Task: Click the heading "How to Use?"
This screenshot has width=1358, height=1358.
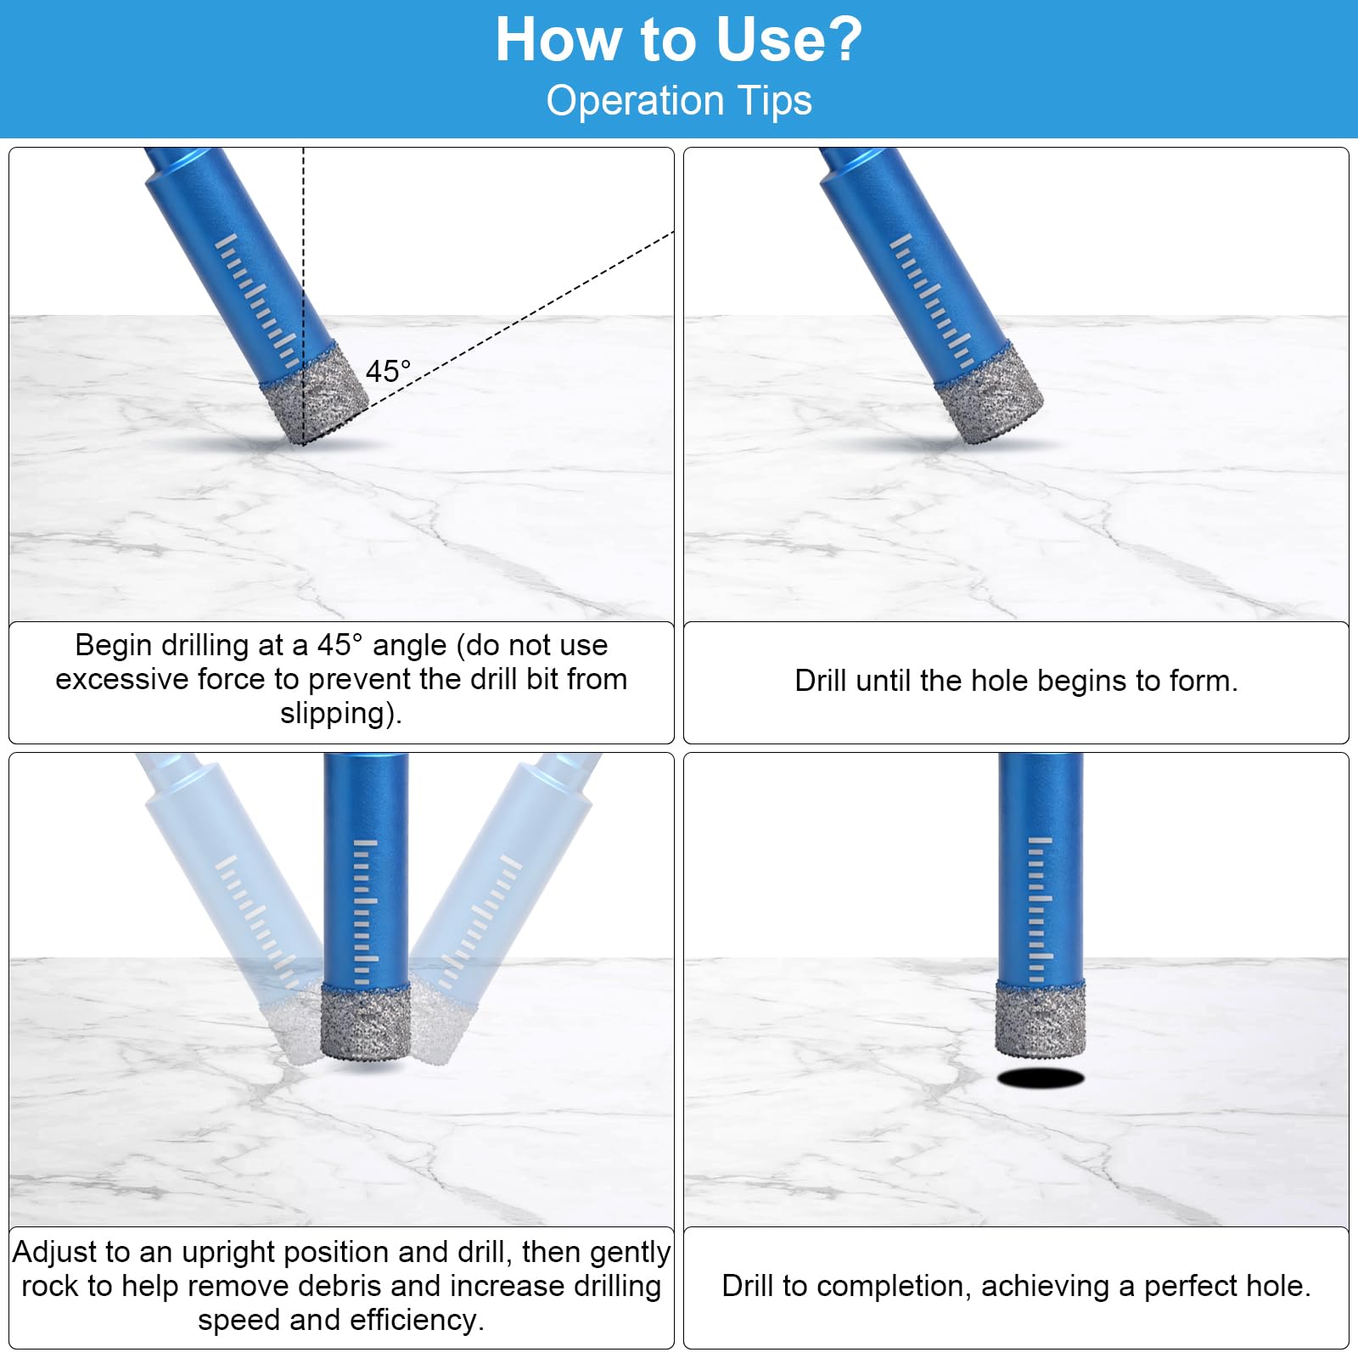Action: click(x=679, y=39)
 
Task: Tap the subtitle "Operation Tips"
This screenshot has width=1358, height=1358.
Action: click(x=679, y=100)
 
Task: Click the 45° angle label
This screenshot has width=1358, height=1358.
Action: click(x=388, y=371)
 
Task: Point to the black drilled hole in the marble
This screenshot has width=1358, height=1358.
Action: click(x=1041, y=1078)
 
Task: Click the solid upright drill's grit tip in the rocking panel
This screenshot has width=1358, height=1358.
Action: click(x=366, y=1023)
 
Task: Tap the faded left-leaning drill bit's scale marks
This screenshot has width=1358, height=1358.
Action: click(x=258, y=921)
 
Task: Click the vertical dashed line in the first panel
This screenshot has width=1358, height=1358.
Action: click(x=303, y=295)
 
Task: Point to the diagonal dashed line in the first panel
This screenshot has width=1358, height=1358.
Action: click(x=489, y=337)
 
